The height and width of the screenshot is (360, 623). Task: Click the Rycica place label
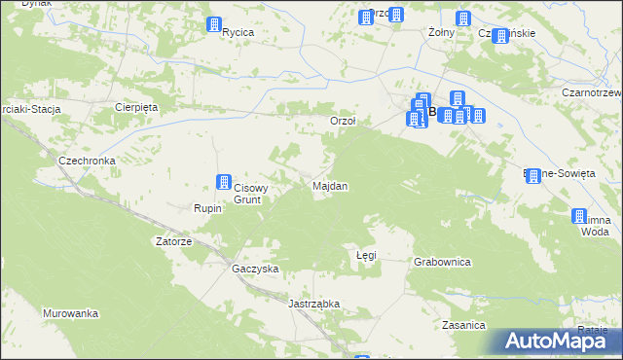point(238,32)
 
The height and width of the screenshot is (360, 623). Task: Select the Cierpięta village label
point(135,107)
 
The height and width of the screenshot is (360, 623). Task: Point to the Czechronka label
point(88,161)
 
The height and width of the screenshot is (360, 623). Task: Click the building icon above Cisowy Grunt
point(223,182)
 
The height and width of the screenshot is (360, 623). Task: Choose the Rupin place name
point(208,208)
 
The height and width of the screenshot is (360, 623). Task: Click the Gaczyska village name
point(256,269)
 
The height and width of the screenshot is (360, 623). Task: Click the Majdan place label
point(330,185)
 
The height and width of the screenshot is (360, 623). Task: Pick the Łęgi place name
point(366,255)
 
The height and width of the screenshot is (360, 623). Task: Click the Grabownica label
point(442,262)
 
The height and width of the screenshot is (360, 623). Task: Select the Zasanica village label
point(463,324)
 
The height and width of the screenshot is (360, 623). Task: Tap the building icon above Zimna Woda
point(580,216)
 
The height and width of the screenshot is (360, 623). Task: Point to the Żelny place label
point(443,32)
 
